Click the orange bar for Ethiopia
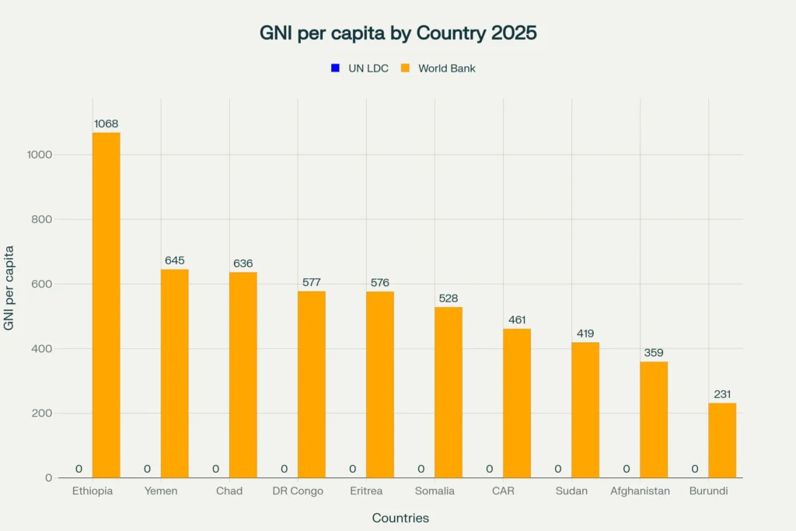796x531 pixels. [106, 305]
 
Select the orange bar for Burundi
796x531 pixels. [722, 440]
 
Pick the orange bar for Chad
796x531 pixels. [243, 375]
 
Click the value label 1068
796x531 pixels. [106, 124]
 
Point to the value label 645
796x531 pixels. [175, 260]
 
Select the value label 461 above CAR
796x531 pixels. [517, 320]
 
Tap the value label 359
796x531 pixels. [654, 353]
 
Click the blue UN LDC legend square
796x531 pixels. [335, 68]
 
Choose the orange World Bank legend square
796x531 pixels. [405, 68]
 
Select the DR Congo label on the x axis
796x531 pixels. [298, 491]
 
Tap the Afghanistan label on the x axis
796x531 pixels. [640, 491]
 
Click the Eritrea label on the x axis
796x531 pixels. [366, 491]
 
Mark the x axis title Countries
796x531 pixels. [400, 518]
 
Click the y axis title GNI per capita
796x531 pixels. [9, 288]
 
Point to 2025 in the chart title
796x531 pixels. [511, 33]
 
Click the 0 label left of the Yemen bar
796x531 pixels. [147, 469]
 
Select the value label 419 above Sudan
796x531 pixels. [585, 334]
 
